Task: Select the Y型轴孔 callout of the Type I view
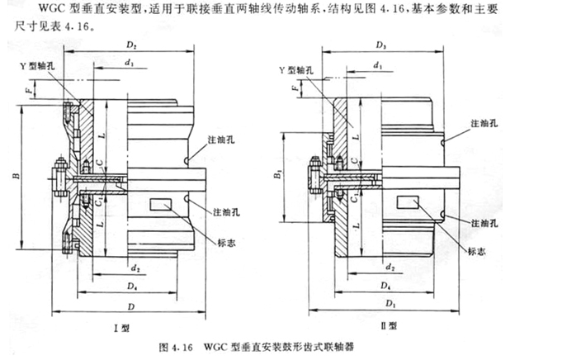(x=47, y=63)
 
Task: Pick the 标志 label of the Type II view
(x=475, y=251)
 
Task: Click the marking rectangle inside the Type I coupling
(x=163, y=203)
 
